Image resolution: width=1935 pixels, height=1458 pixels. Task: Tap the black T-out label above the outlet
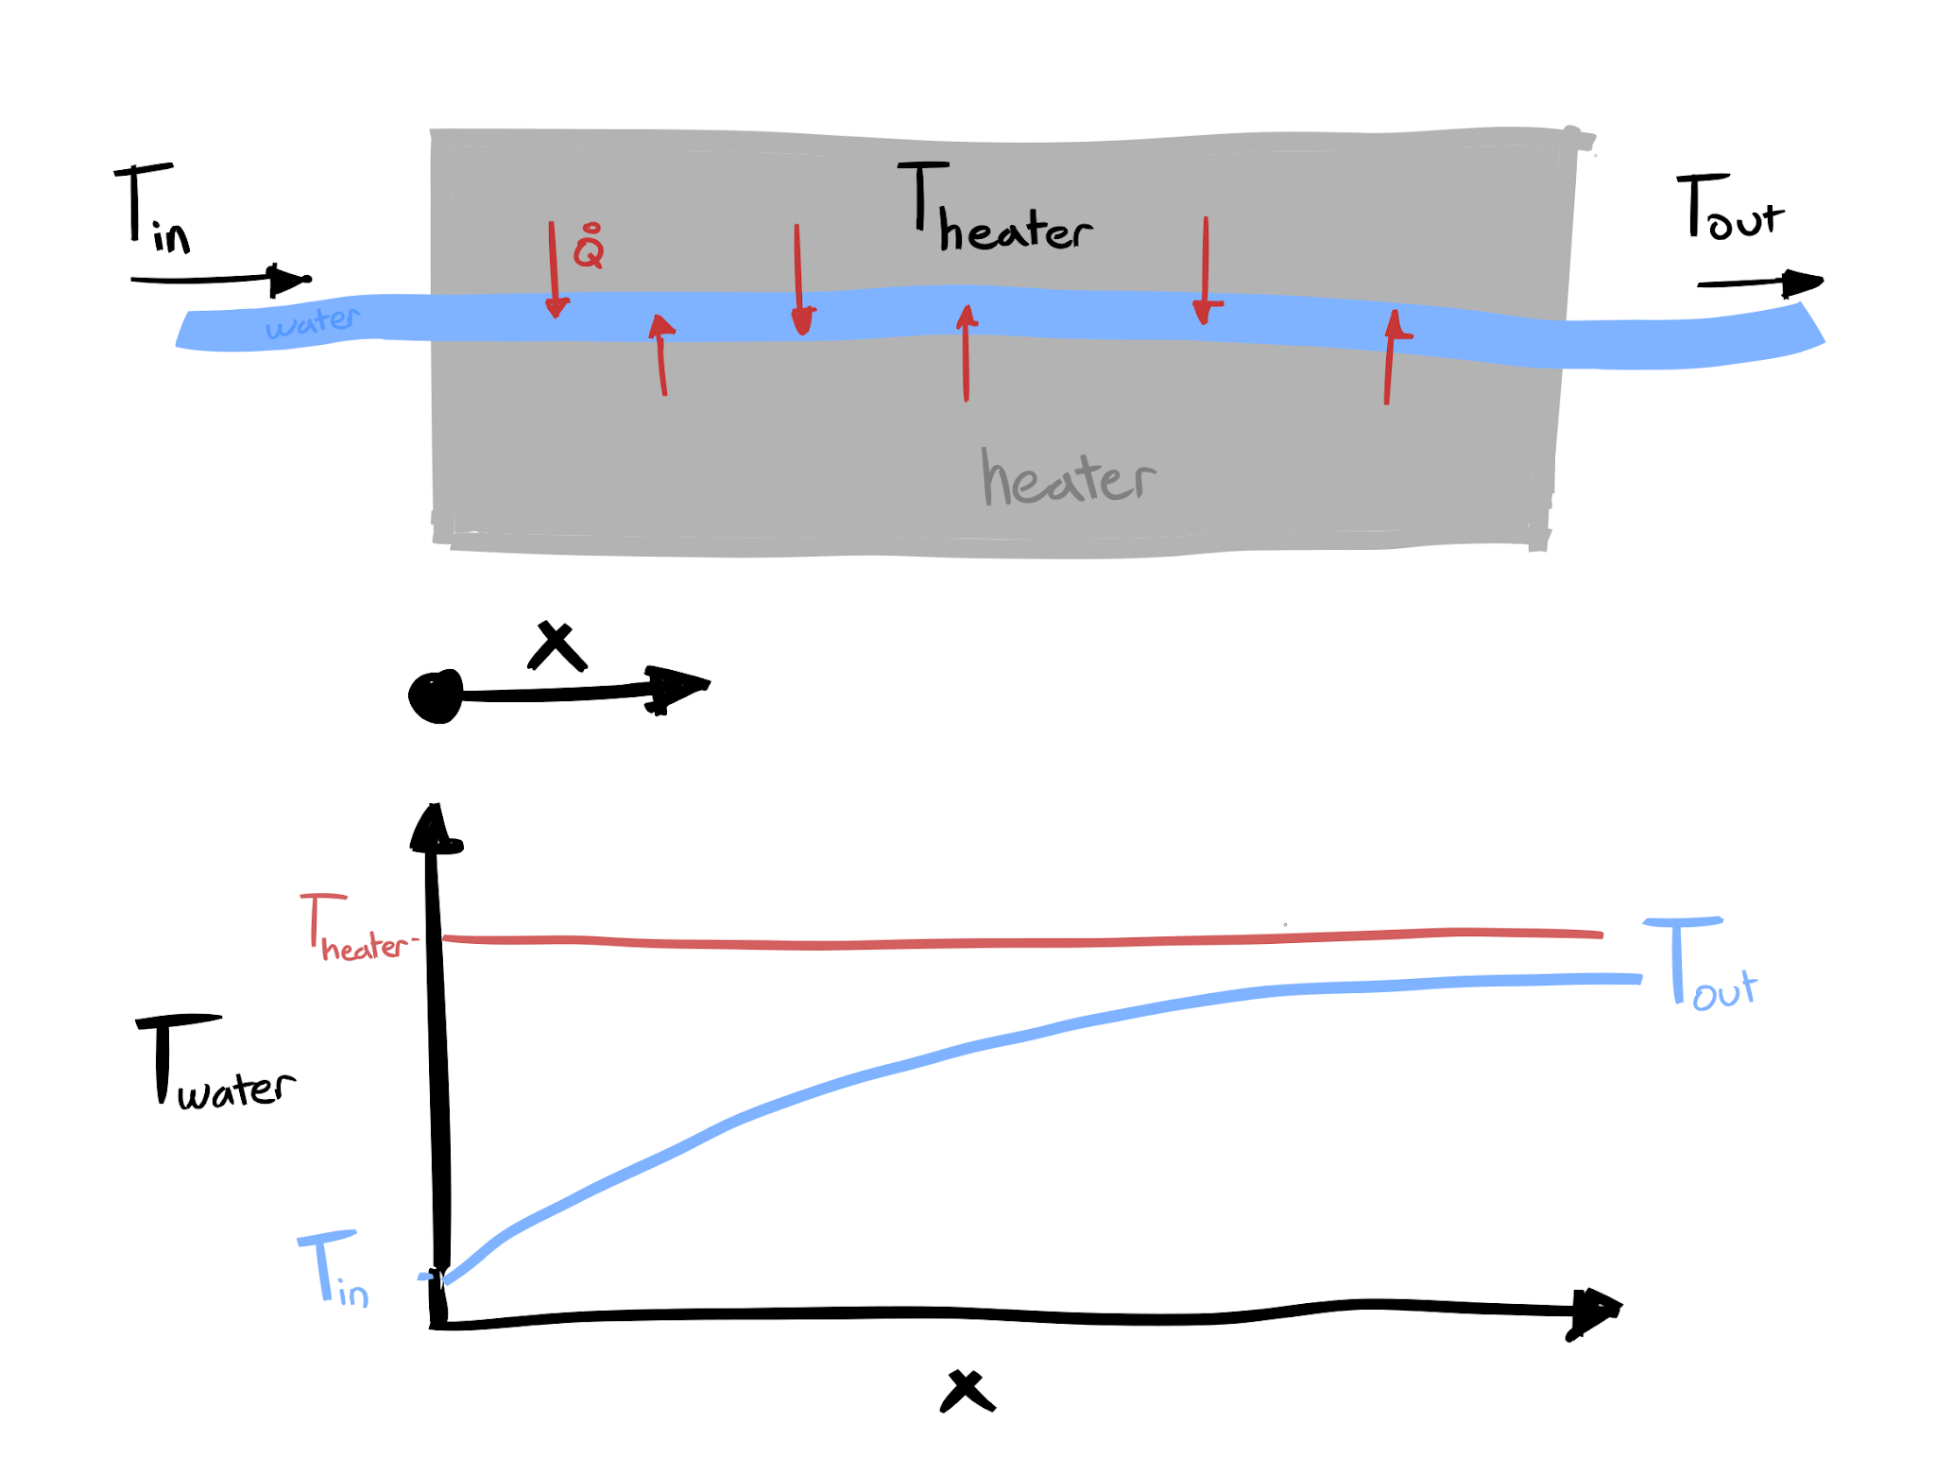(1728, 208)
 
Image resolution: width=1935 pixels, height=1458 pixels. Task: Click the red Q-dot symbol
(589, 248)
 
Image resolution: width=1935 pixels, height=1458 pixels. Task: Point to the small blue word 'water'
(312, 322)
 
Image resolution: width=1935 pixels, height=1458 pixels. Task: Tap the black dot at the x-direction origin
(436, 696)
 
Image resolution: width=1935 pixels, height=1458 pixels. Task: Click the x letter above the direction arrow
(557, 645)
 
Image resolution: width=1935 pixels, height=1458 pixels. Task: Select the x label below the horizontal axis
(967, 1391)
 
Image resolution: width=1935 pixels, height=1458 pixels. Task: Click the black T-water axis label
(214, 1063)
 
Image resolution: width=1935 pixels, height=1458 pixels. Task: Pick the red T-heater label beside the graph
(355, 929)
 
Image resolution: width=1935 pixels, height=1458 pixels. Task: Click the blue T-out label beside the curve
(1701, 964)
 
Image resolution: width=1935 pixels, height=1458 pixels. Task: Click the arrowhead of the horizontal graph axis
(1597, 1311)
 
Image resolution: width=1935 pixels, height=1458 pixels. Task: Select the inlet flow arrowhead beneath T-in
(288, 280)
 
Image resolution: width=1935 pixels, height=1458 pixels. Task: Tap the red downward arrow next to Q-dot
(555, 269)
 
